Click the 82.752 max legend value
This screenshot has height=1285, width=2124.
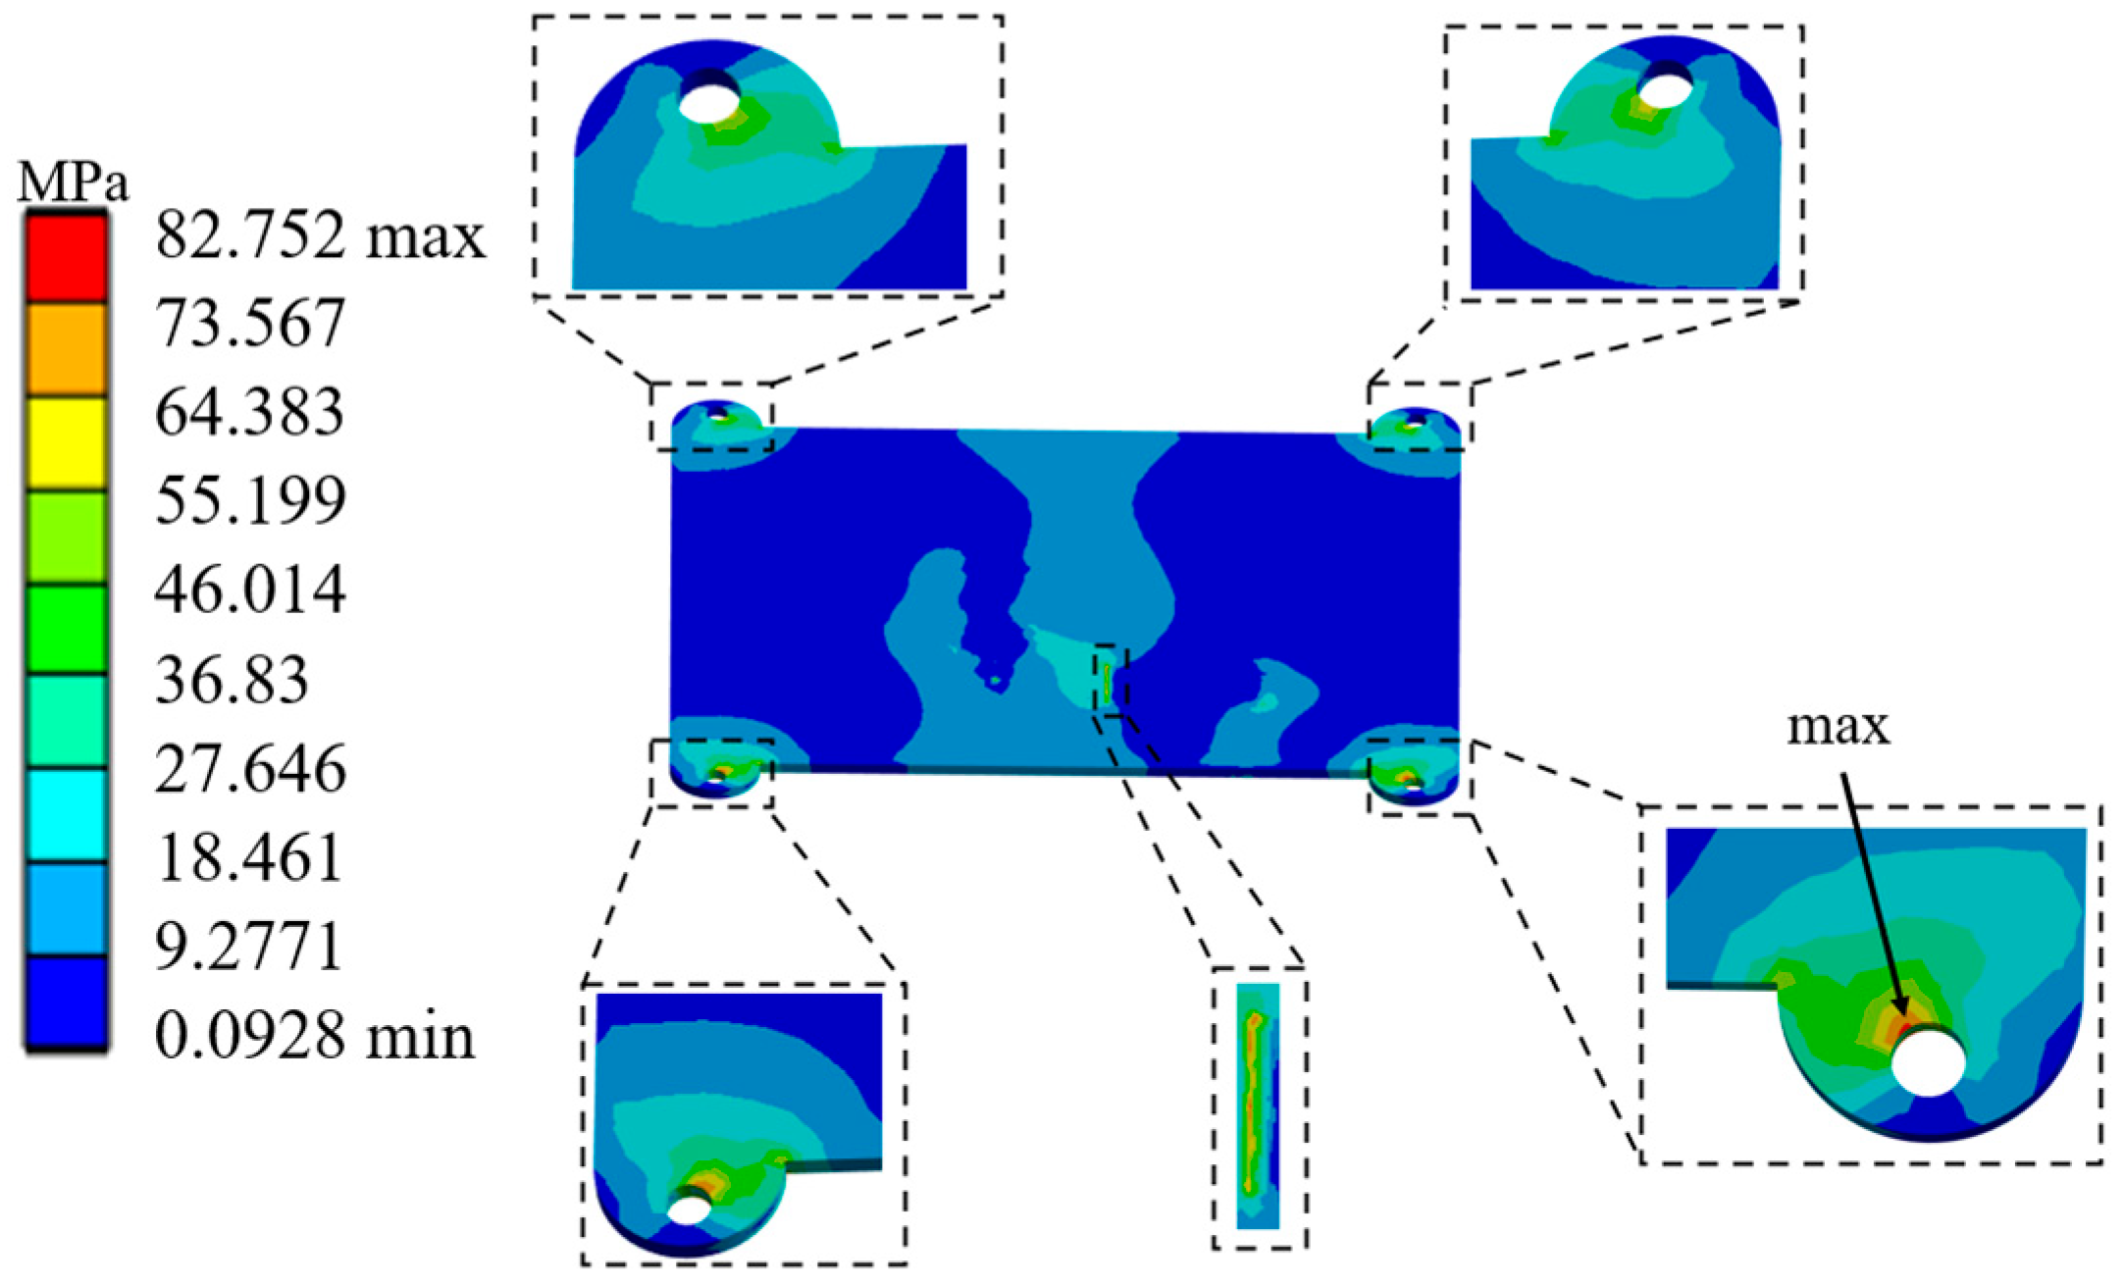320,236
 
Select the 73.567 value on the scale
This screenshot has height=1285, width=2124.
250,323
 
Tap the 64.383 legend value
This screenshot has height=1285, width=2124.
250,412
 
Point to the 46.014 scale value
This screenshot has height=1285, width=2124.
250,590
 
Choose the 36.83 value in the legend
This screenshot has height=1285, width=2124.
233,679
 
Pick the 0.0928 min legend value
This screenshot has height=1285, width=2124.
314,1036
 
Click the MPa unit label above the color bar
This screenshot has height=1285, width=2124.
73,182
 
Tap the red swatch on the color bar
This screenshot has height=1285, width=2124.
66,257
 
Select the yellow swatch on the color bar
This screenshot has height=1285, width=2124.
66,442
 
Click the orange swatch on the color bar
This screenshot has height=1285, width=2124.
66,349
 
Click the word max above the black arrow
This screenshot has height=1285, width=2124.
1838,727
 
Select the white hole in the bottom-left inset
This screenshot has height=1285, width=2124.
689,1209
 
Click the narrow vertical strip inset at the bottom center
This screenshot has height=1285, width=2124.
1258,1106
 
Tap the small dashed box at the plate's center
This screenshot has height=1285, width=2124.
1110,680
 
